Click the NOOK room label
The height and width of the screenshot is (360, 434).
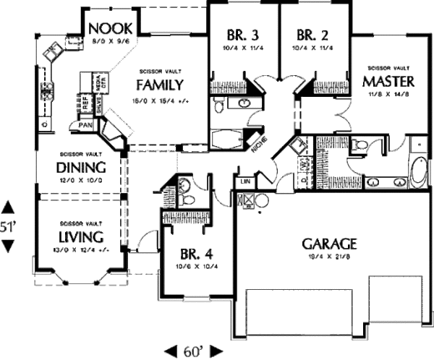110,29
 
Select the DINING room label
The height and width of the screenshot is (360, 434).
80,168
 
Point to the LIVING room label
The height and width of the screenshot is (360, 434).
80,238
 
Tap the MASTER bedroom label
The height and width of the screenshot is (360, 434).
388,80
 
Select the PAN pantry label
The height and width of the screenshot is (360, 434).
85,126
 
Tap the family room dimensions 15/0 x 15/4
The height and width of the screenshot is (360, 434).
161,100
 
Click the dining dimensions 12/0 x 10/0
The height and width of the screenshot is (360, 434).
80,179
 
